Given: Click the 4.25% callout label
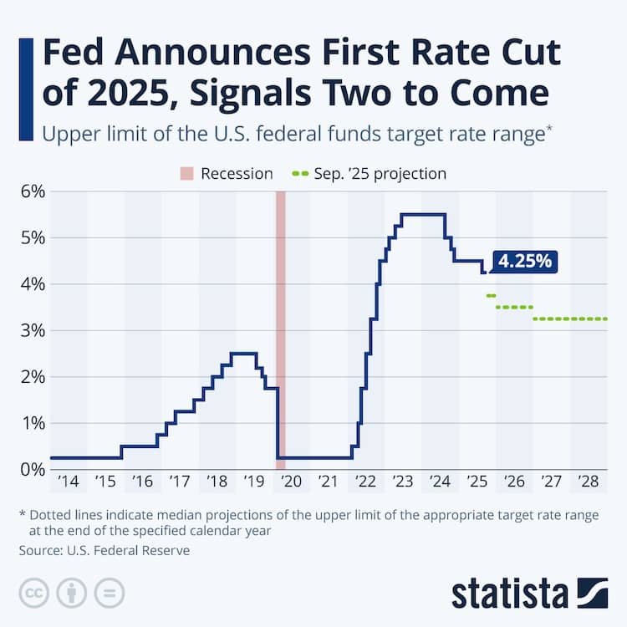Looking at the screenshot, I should click(524, 262).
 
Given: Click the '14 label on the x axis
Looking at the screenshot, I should click(68, 482).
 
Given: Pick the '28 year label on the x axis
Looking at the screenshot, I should click(588, 482).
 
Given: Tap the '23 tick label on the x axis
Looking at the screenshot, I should click(402, 482).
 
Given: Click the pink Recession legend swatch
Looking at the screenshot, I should click(186, 174).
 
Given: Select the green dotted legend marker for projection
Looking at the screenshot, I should click(300, 174).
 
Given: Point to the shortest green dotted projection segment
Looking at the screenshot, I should click(491, 296).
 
